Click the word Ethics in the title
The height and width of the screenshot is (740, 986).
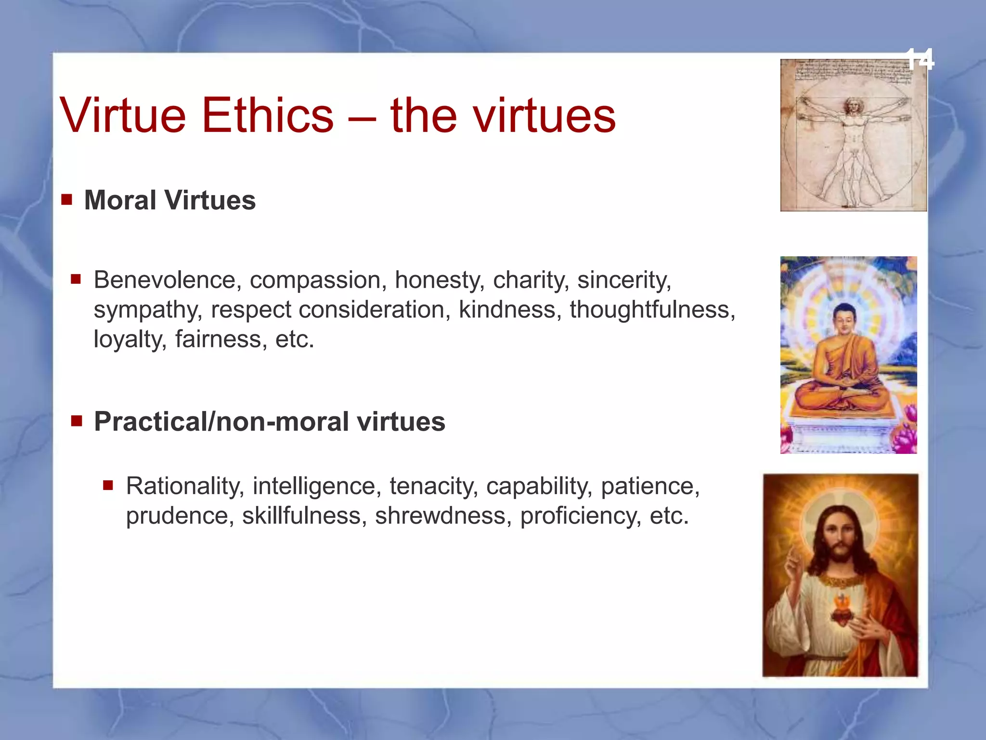coord(268,116)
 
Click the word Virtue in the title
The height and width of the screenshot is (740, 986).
coord(123,116)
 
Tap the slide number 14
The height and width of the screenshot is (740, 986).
coord(920,59)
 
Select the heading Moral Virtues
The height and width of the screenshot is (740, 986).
coord(169,200)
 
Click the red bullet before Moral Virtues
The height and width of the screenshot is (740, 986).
coord(67,199)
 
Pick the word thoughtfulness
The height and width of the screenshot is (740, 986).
coord(652,309)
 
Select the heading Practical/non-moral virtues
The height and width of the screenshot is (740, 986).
coord(269,422)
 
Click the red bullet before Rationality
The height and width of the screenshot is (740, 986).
coord(108,485)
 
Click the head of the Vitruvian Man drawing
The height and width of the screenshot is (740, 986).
coord(852,106)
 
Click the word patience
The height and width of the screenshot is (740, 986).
coord(650,486)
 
